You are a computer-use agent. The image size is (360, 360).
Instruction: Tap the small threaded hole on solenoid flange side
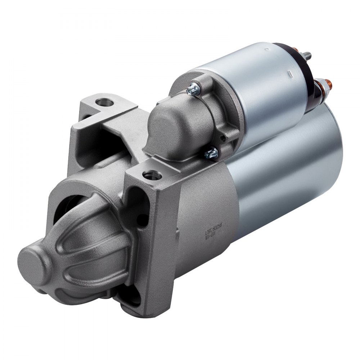[x=224, y=137]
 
